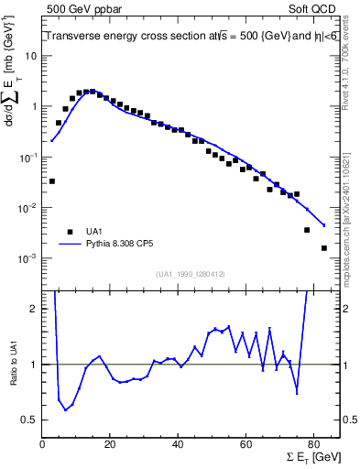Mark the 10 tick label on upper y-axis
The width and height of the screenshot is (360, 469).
click(x=30, y=56)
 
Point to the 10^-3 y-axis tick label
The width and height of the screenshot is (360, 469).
click(x=28, y=258)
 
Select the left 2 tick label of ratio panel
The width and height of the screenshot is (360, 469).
click(x=34, y=309)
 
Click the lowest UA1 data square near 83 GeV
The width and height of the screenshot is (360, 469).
click(x=323, y=248)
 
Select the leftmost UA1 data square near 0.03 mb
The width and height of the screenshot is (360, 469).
click(x=52, y=181)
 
